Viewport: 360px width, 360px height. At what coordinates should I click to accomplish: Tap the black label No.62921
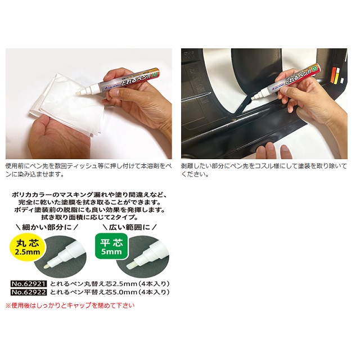(29, 283)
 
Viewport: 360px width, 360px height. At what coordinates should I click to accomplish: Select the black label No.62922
(29, 292)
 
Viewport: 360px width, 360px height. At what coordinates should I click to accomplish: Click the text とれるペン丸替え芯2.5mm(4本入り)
(110, 283)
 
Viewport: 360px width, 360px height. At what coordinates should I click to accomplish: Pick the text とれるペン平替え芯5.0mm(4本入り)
(110, 292)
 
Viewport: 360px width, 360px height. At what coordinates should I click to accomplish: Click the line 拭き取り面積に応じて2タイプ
(90, 216)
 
